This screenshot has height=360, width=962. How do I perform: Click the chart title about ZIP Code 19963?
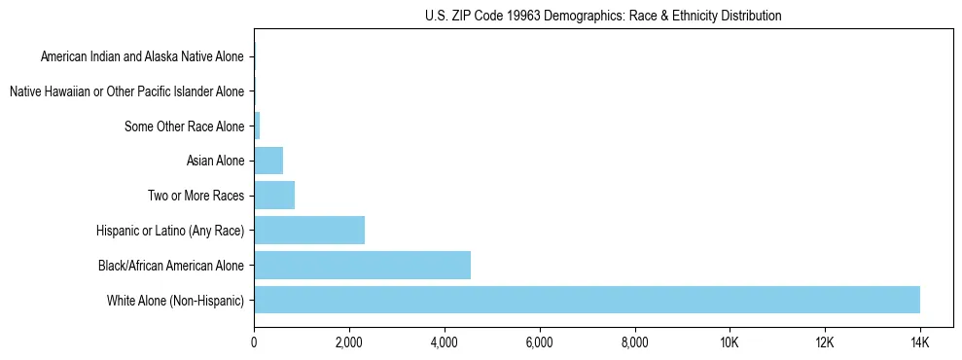click(603, 16)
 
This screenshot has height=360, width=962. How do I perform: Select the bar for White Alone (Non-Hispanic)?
click(587, 300)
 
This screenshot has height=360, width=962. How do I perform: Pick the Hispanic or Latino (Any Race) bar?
click(309, 231)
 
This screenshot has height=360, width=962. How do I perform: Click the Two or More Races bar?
click(274, 196)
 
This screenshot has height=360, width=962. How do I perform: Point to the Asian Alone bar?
click(268, 161)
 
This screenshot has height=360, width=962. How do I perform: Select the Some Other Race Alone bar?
click(257, 126)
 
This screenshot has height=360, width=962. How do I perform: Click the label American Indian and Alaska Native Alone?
click(142, 57)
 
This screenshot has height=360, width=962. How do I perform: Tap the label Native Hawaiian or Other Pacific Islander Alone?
click(126, 91)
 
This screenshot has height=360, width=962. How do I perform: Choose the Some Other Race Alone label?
click(185, 126)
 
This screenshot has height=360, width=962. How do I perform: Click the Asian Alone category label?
click(215, 161)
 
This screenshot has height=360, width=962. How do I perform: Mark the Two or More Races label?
click(196, 196)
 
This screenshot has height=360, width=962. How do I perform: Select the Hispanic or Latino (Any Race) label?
click(170, 231)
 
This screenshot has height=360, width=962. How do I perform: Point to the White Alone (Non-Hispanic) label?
click(176, 300)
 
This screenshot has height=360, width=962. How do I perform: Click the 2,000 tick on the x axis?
click(348, 343)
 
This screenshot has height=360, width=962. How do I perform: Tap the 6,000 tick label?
click(539, 343)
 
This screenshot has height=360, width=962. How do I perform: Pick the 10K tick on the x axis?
click(730, 343)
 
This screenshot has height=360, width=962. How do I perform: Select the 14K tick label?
click(919, 343)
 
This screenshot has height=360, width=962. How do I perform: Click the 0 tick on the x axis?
click(254, 343)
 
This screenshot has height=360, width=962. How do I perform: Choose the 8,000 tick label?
click(634, 343)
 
